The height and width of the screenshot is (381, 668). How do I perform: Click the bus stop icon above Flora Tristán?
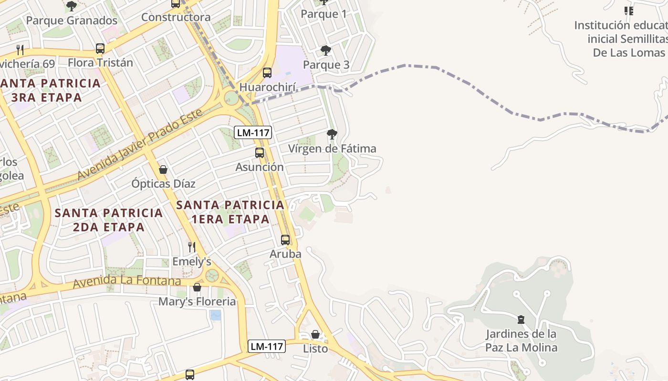point(100,48)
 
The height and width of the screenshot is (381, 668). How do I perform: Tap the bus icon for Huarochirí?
point(267,73)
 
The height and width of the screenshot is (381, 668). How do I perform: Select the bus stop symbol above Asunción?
point(260,153)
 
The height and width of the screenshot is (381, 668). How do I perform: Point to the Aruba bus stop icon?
point(285,240)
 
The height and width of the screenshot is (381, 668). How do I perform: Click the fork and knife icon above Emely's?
point(192,247)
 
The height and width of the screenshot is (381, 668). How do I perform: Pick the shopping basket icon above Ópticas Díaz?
point(163,170)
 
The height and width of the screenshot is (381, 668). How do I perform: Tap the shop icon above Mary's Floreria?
point(197,287)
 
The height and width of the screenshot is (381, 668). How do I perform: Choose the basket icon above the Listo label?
point(315,334)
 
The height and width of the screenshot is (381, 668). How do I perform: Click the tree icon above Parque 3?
point(326,50)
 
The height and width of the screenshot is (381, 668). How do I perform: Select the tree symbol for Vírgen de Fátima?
point(332,134)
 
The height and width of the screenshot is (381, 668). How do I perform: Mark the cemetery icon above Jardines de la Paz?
point(521,320)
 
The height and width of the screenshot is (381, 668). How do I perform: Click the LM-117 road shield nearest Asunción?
point(253,133)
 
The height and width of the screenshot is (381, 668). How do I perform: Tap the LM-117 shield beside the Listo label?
point(267,347)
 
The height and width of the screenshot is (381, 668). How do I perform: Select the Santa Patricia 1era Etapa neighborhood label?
point(230,212)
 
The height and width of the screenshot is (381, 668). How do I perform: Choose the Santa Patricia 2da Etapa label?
point(109,220)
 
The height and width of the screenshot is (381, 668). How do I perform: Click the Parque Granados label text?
point(72,20)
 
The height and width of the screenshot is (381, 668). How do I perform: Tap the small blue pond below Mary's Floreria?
point(216,315)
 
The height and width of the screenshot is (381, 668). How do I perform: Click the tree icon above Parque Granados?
point(72,6)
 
